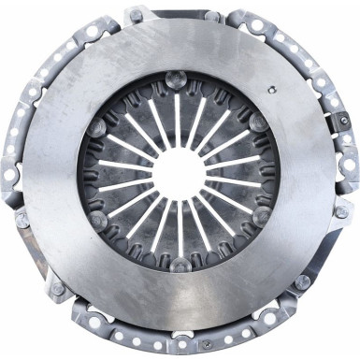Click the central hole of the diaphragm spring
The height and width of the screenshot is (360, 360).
179,175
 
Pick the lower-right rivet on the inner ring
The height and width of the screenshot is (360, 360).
261,217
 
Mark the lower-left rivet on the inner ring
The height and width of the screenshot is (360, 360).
98,221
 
